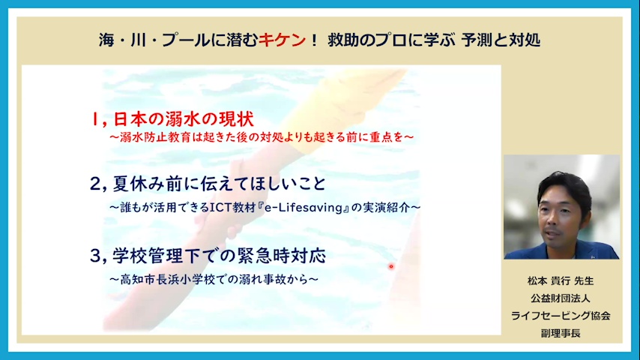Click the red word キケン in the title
tap(282, 40)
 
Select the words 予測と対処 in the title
tap(501, 40)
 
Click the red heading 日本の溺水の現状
tap(184, 119)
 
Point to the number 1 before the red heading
tap(94, 119)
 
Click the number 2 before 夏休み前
tap(95, 184)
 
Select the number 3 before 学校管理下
tap(95, 256)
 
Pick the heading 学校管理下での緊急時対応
tap(219, 256)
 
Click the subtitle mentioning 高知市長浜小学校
tap(214, 280)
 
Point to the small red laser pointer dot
tap(391, 266)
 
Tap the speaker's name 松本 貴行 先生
tap(561, 281)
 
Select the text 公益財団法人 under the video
tap(561, 298)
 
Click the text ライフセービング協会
tap(561, 316)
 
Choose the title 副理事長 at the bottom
tap(561, 333)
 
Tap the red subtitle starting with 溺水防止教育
tap(262, 137)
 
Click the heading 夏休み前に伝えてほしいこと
tap(219, 184)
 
